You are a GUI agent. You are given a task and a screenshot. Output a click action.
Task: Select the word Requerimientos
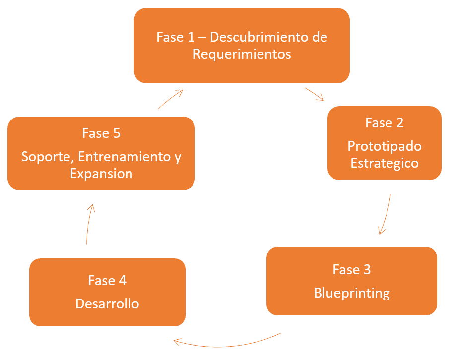tap(242, 54)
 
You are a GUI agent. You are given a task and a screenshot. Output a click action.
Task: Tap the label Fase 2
tap(385, 123)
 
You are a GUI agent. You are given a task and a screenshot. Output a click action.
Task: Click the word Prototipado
tap(385, 147)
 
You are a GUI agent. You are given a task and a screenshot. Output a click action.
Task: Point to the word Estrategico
tap(385, 163)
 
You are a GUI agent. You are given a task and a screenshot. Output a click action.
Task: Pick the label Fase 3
tap(351, 270)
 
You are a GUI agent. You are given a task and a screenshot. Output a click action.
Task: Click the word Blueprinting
tap(352, 293)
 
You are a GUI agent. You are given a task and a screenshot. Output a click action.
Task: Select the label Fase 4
tap(107, 281)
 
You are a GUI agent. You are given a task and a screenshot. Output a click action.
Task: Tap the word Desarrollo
tap(107, 304)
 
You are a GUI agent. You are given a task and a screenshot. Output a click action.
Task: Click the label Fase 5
tap(101, 133)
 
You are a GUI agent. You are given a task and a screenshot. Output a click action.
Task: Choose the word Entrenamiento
tap(125, 157)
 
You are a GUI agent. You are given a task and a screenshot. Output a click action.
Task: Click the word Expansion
tap(101, 174)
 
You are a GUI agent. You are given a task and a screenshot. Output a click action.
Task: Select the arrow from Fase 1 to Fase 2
tap(315, 94)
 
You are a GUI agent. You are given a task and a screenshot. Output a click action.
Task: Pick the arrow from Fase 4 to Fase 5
tap(89, 224)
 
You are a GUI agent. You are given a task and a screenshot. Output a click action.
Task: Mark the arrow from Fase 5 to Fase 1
tap(170, 98)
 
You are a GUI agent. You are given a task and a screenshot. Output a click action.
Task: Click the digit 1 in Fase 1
tap(191, 37)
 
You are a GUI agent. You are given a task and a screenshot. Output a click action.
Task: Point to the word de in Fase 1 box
tap(319, 37)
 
